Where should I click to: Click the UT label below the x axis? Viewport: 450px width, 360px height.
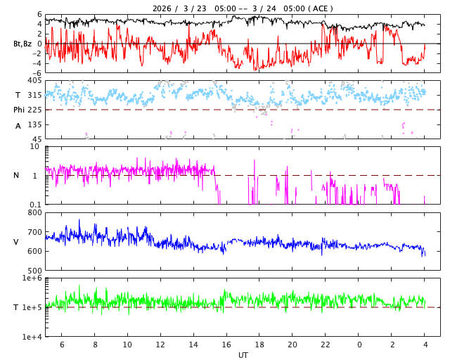pyautogui.click(x=243, y=355)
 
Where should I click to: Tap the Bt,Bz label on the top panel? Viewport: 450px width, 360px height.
pyautogui.click(x=22, y=44)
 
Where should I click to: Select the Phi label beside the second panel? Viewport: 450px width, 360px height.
pyautogui.click(x=19, y=110)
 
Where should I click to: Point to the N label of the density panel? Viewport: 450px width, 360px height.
pyautogui.click(x=16, y=175)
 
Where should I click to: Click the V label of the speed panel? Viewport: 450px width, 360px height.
pyautogui.click(x=16, y=242)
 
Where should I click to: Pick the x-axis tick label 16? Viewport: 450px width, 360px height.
pyautogui.click(x=226, y=345)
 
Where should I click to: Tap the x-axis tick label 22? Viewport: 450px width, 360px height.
pyautogui.click(x=326, y=345)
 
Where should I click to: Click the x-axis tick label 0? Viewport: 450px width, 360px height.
pyautogui.click(x=359, y=345)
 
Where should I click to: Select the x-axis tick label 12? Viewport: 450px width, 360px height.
pyautogui.click(x=160, y=345)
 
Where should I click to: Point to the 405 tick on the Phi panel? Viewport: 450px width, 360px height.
pyautogui.click(x=34, y=81)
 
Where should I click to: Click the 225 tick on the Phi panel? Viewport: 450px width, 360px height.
pyautogui.click(x=34, y=110)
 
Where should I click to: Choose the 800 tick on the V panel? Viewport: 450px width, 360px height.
pyautogui.click(x=34, y=212)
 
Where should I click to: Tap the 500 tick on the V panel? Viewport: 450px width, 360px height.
pyautogui.click(x=34, y=271)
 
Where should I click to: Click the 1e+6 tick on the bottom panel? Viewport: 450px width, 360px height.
pyautogui.click(x=32, y=278)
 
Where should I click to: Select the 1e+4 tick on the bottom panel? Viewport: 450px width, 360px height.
pyautogui.click(x=32, y=337)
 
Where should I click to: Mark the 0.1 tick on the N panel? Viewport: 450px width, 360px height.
pyautogui.click(x=34, y=205)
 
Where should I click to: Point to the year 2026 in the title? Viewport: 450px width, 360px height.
pyautogui.click(x=162, y=8)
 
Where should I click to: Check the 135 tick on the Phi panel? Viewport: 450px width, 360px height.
pyautogui.click(x=34, y=125)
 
